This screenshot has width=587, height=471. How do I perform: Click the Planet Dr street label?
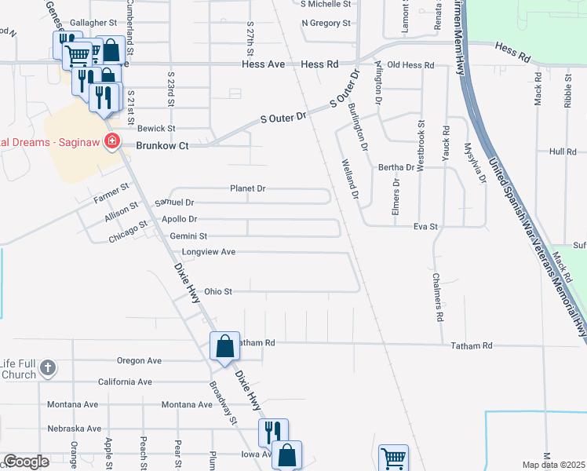248,188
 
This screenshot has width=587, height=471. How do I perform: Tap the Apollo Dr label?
179,219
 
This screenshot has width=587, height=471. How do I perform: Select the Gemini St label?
188,235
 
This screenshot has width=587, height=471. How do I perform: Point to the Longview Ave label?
209,252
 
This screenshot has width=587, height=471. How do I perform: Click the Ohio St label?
218,291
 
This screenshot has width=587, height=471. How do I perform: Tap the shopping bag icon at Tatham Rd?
224,346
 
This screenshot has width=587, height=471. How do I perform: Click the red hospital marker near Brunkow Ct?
112,141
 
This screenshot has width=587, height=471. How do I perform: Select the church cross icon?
47,367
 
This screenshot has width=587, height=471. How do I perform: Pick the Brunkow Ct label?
162,145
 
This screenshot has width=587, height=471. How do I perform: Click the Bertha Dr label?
396,167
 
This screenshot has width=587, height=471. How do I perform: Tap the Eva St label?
425,226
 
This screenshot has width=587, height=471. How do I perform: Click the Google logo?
26,462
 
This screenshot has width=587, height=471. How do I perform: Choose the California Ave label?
125,382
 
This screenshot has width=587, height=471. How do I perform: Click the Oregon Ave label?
139,360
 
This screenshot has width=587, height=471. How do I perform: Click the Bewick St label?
156,128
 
